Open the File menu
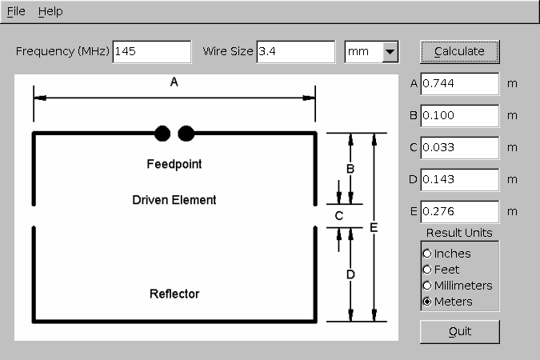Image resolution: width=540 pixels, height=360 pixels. tap(16, 12)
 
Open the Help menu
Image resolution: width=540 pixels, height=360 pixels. tap(50, 12)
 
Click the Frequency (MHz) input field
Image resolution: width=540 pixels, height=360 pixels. tap(152, 52)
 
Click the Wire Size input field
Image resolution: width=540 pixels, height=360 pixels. tap(296, 52)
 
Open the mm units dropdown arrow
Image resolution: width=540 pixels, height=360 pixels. tap(390, 52)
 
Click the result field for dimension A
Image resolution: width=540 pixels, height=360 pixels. tap(460, 84)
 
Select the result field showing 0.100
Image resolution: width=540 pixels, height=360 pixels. tap(460, 116)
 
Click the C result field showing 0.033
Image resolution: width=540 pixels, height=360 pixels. tap(460, 148)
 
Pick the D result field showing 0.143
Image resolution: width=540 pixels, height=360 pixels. tap(460, 180)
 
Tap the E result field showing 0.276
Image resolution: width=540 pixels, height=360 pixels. tap(460, 212)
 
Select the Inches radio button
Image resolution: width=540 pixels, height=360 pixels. tap(427, 254)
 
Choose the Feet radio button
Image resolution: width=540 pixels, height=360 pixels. tap(427, 270)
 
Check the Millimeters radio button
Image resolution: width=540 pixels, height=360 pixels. tap(427, 286)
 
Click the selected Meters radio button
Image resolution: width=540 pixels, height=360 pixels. tap(427, 302)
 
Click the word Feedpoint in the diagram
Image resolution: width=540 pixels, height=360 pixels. tap(174, 164)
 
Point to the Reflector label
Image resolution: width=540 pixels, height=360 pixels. tap(174, 294)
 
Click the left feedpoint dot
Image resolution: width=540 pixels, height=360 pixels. tap(162, 134)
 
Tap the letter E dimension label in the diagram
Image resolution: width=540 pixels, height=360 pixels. tap(374, 228)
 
